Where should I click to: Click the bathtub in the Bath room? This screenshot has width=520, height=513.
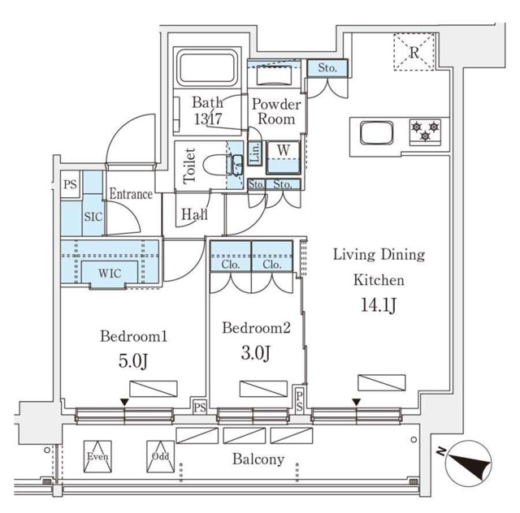coord(208,69)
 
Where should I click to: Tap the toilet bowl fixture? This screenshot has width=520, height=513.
coord(220,165)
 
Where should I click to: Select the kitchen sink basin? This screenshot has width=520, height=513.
coord(377,133)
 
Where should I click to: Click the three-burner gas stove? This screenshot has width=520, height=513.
coord(425,131)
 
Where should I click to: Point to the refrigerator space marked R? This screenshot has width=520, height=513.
coord(414,52)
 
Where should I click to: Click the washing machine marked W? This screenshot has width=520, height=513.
coord(284,157)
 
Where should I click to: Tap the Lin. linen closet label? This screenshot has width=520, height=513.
coord(255,153)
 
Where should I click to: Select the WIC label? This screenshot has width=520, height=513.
coord(110,274)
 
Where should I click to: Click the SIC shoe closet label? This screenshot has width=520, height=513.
coord(93,217)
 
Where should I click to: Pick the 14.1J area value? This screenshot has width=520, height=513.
coord(379,305)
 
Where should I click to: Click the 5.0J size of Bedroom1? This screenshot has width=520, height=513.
coord(132,361)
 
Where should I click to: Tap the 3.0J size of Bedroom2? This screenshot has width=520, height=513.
coord(255,353)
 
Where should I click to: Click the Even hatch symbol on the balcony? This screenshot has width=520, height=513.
coord(97,456)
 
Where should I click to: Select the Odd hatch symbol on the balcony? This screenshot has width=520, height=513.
coord(161,456)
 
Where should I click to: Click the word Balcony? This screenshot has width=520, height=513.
coord(258,459)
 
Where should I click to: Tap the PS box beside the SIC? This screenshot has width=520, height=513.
coord(71,184)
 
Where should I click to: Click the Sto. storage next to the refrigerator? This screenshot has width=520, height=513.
coord(327,68)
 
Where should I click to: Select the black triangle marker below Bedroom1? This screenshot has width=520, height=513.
coord(124,403)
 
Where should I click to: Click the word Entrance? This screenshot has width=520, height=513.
coord(131,194)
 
